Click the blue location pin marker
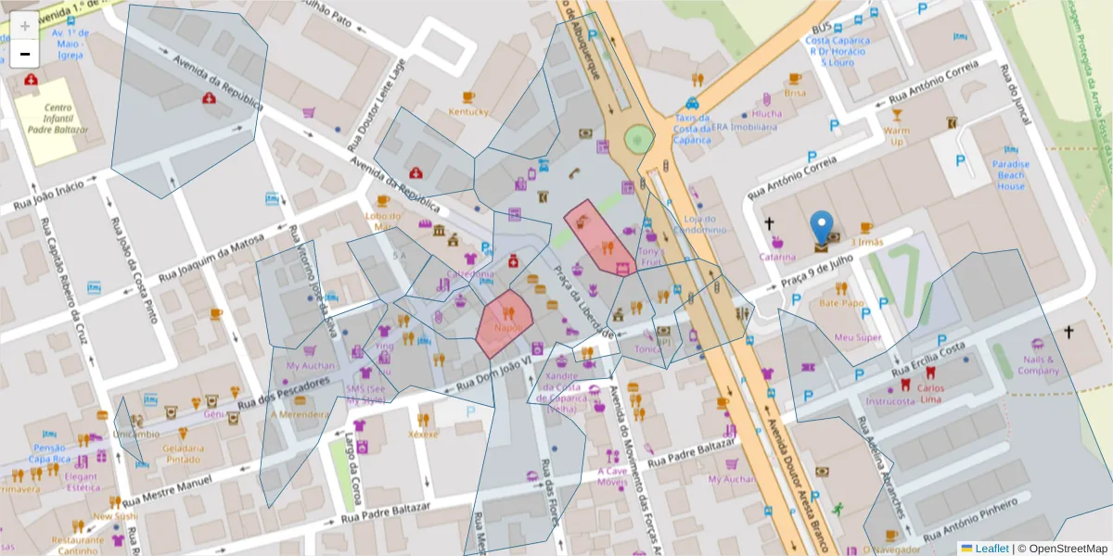click(821, 228)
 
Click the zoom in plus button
click(24, 25)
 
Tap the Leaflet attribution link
click(991, 548)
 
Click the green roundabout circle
click(638, 140)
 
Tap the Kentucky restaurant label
click(468, 112)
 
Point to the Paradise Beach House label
click(1011, 175)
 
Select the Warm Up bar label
click(896, 136)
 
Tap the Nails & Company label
click(1038, 365)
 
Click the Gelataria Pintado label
click(182, 453)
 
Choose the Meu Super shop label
click(857, 337)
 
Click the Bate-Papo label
click(841, 303)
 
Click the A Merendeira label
click(300, 414)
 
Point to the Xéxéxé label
click(423, 434)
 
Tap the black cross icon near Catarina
click(769, 223)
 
